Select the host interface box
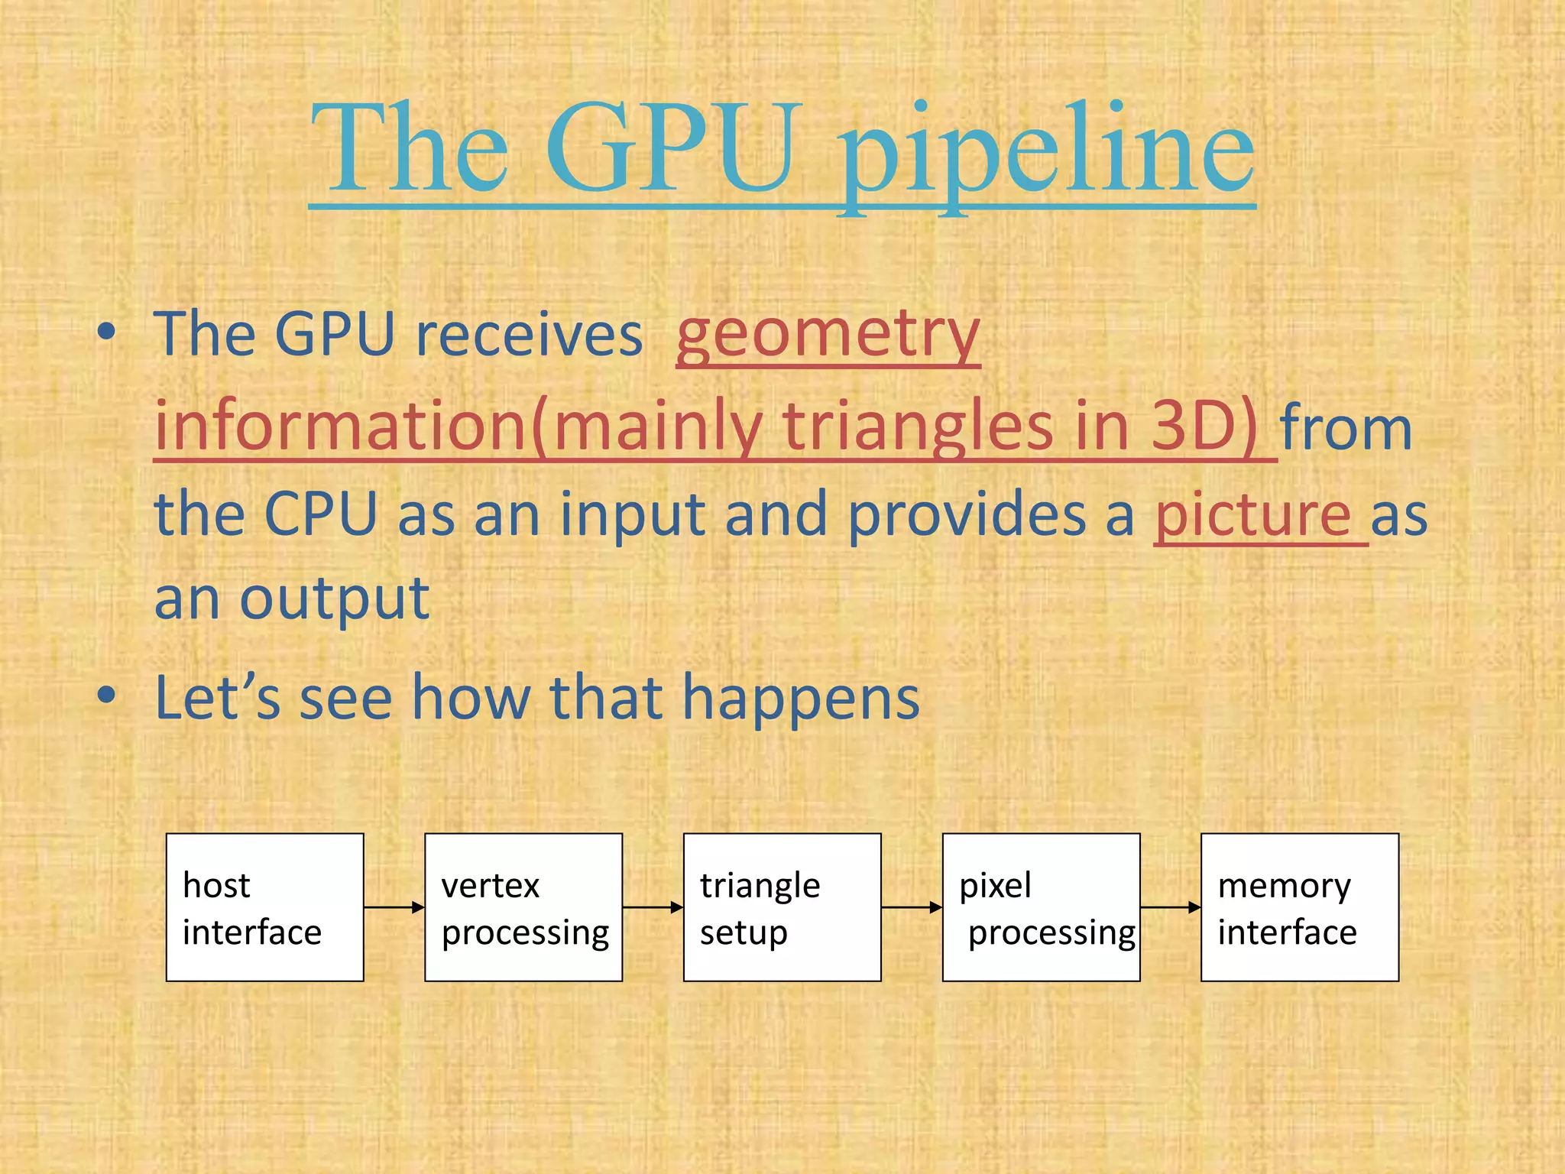tap(264, 907)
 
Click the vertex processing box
tap(523, 907)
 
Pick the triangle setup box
tap(782, 907)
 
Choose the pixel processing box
tap(1041, 907)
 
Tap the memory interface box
tap(1299, 907)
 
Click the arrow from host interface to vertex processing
tap(394, 907)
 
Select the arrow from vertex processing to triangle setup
tap(653, 907)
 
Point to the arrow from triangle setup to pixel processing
tap(912, 907)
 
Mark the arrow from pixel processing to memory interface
tap(1170, 907)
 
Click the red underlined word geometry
tap(828, 336)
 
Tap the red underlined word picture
tap(1253, 514)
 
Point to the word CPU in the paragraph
tap(321, 514)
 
